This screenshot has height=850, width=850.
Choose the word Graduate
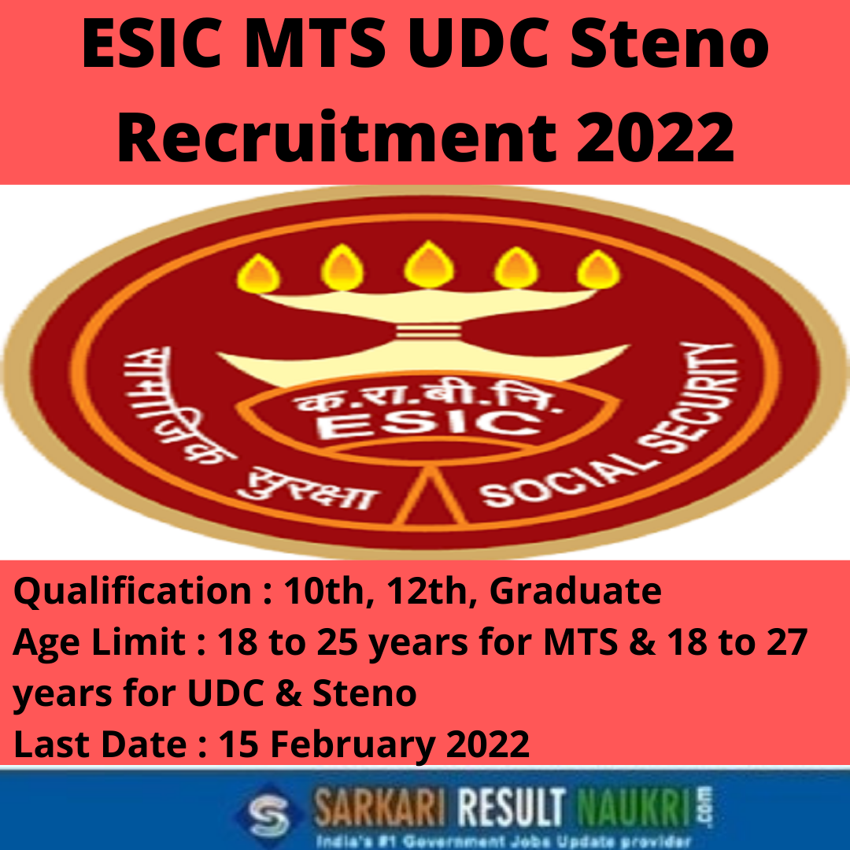click(x=575, y=591)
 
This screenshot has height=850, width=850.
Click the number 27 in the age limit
click(x=786, y=642)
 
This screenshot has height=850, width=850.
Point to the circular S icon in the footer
click(x=271, y=813)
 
